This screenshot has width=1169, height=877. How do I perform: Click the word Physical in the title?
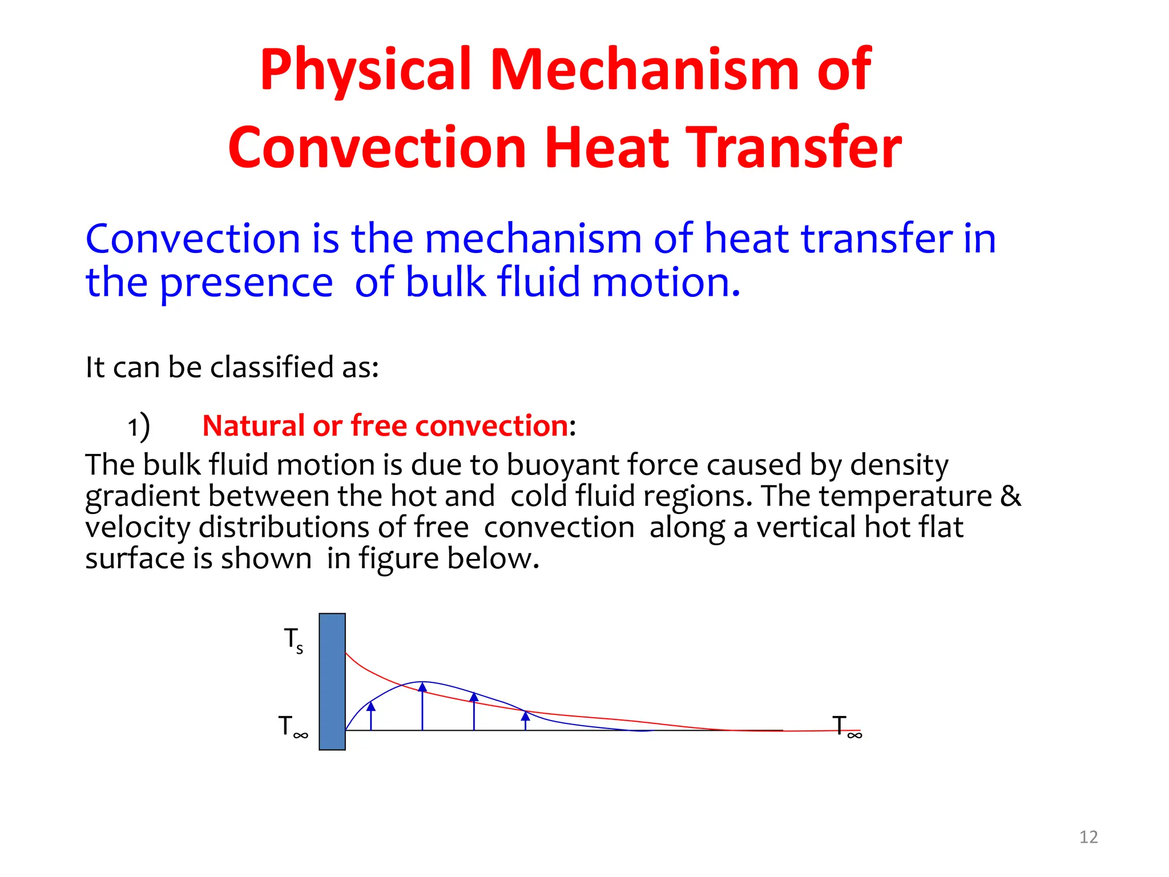coord(365,70)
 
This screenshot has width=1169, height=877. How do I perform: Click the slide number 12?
coord(1089,837)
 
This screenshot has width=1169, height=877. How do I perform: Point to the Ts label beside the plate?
coord(293,640)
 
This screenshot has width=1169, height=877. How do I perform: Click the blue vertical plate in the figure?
coord(332,681)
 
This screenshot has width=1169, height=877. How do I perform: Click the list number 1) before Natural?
coord(138,427)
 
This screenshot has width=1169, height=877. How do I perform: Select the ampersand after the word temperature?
coord(1010,496)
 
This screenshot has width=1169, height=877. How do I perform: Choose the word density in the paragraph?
coord(899,465)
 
